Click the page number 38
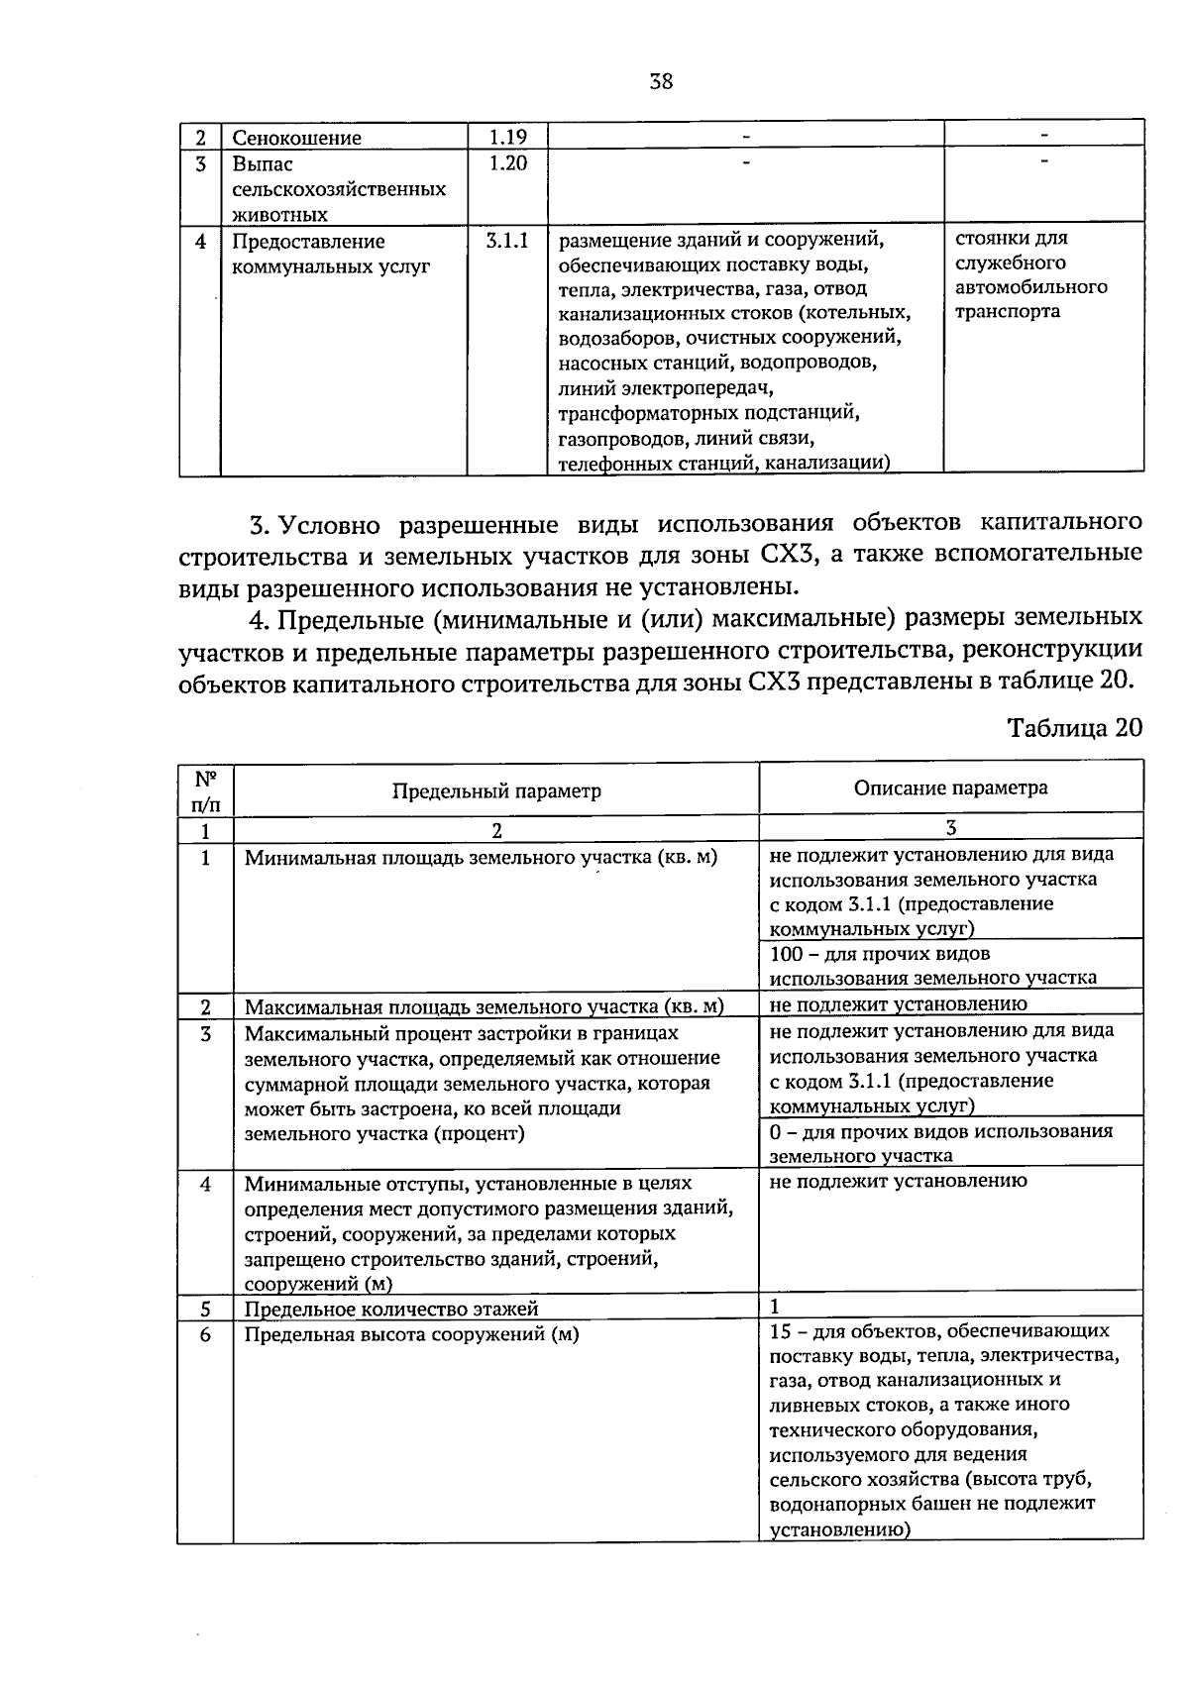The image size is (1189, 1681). pos(661,82)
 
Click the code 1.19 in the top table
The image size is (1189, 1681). pos(507,137)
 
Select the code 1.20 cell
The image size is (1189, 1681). pos(507,163)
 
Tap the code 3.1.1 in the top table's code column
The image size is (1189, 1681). pos(507,241)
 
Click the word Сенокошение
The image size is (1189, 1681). pos(296,138)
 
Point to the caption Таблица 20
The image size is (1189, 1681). pos(1074,728)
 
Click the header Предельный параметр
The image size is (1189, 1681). pos(496,790)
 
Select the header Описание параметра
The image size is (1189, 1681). pos(950,788)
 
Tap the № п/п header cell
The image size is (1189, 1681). pos(205,789)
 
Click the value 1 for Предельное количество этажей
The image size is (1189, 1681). pos(775,1307)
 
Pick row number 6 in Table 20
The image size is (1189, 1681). pos(205,1334)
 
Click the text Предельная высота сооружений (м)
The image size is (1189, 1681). pos(411,1334)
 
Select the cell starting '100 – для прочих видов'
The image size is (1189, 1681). pos(932,966)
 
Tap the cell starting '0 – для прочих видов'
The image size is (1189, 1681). pos(940,1143)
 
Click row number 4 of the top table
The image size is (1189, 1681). pos(200,241)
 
